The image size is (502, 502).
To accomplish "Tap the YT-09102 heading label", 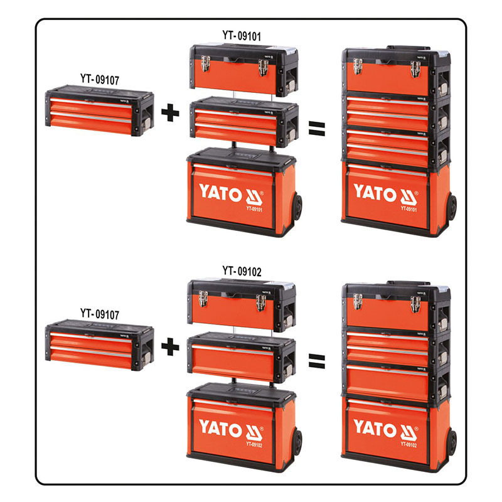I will pyautogui.click(x=243, y=272).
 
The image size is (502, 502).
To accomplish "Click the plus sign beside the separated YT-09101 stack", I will pyautogui.click(x=170, y=114).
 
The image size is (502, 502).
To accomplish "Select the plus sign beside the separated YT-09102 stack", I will pyautogui.click(x=170, y=344).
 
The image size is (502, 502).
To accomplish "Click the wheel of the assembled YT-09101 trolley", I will pyautogui.click(x=452, y=207).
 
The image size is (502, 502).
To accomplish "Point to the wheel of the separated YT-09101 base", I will pyautogui.click(x=297, y=207).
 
